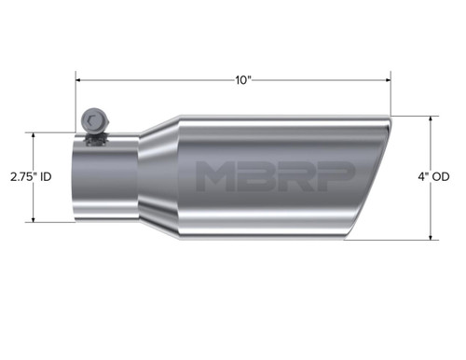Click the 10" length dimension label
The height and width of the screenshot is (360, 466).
click(244, 80)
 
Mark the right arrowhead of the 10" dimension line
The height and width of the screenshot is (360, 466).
click(389, 80)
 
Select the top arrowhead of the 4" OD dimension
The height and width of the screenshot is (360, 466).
click(431, 118)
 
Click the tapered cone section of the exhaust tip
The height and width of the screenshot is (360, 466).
click(154, 177)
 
